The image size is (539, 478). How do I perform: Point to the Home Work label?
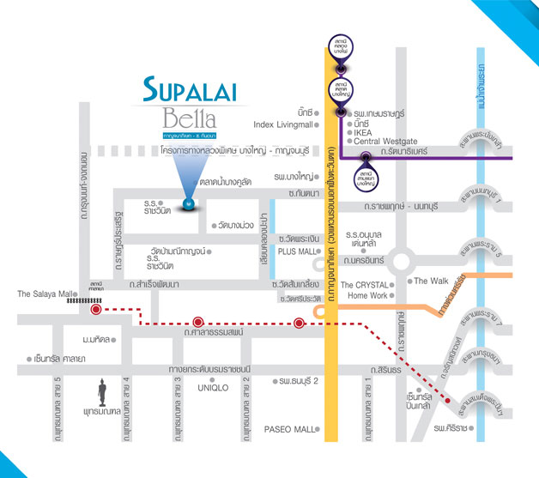(368, 296)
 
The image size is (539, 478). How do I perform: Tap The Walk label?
(433, 281)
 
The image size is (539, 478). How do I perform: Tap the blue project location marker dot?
(189, 203)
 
